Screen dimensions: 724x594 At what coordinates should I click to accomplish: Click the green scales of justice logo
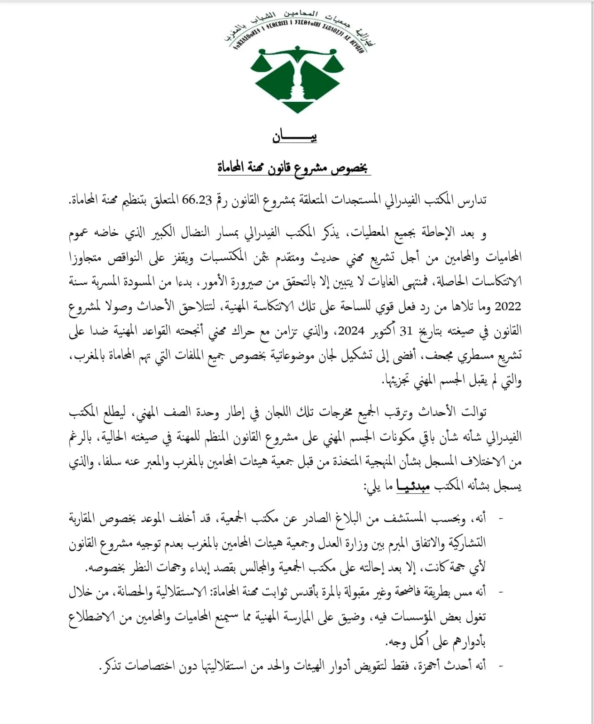tap(297, 79)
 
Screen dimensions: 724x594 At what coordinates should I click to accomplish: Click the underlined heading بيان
tap(295, 136)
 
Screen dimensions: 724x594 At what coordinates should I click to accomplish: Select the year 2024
tap(351, 331)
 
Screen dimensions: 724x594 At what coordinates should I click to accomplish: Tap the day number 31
tap(406, 331)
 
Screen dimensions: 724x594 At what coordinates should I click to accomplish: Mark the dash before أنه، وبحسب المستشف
tap(500, 518)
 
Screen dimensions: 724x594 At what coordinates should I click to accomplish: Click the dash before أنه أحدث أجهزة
tap(500, 666)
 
